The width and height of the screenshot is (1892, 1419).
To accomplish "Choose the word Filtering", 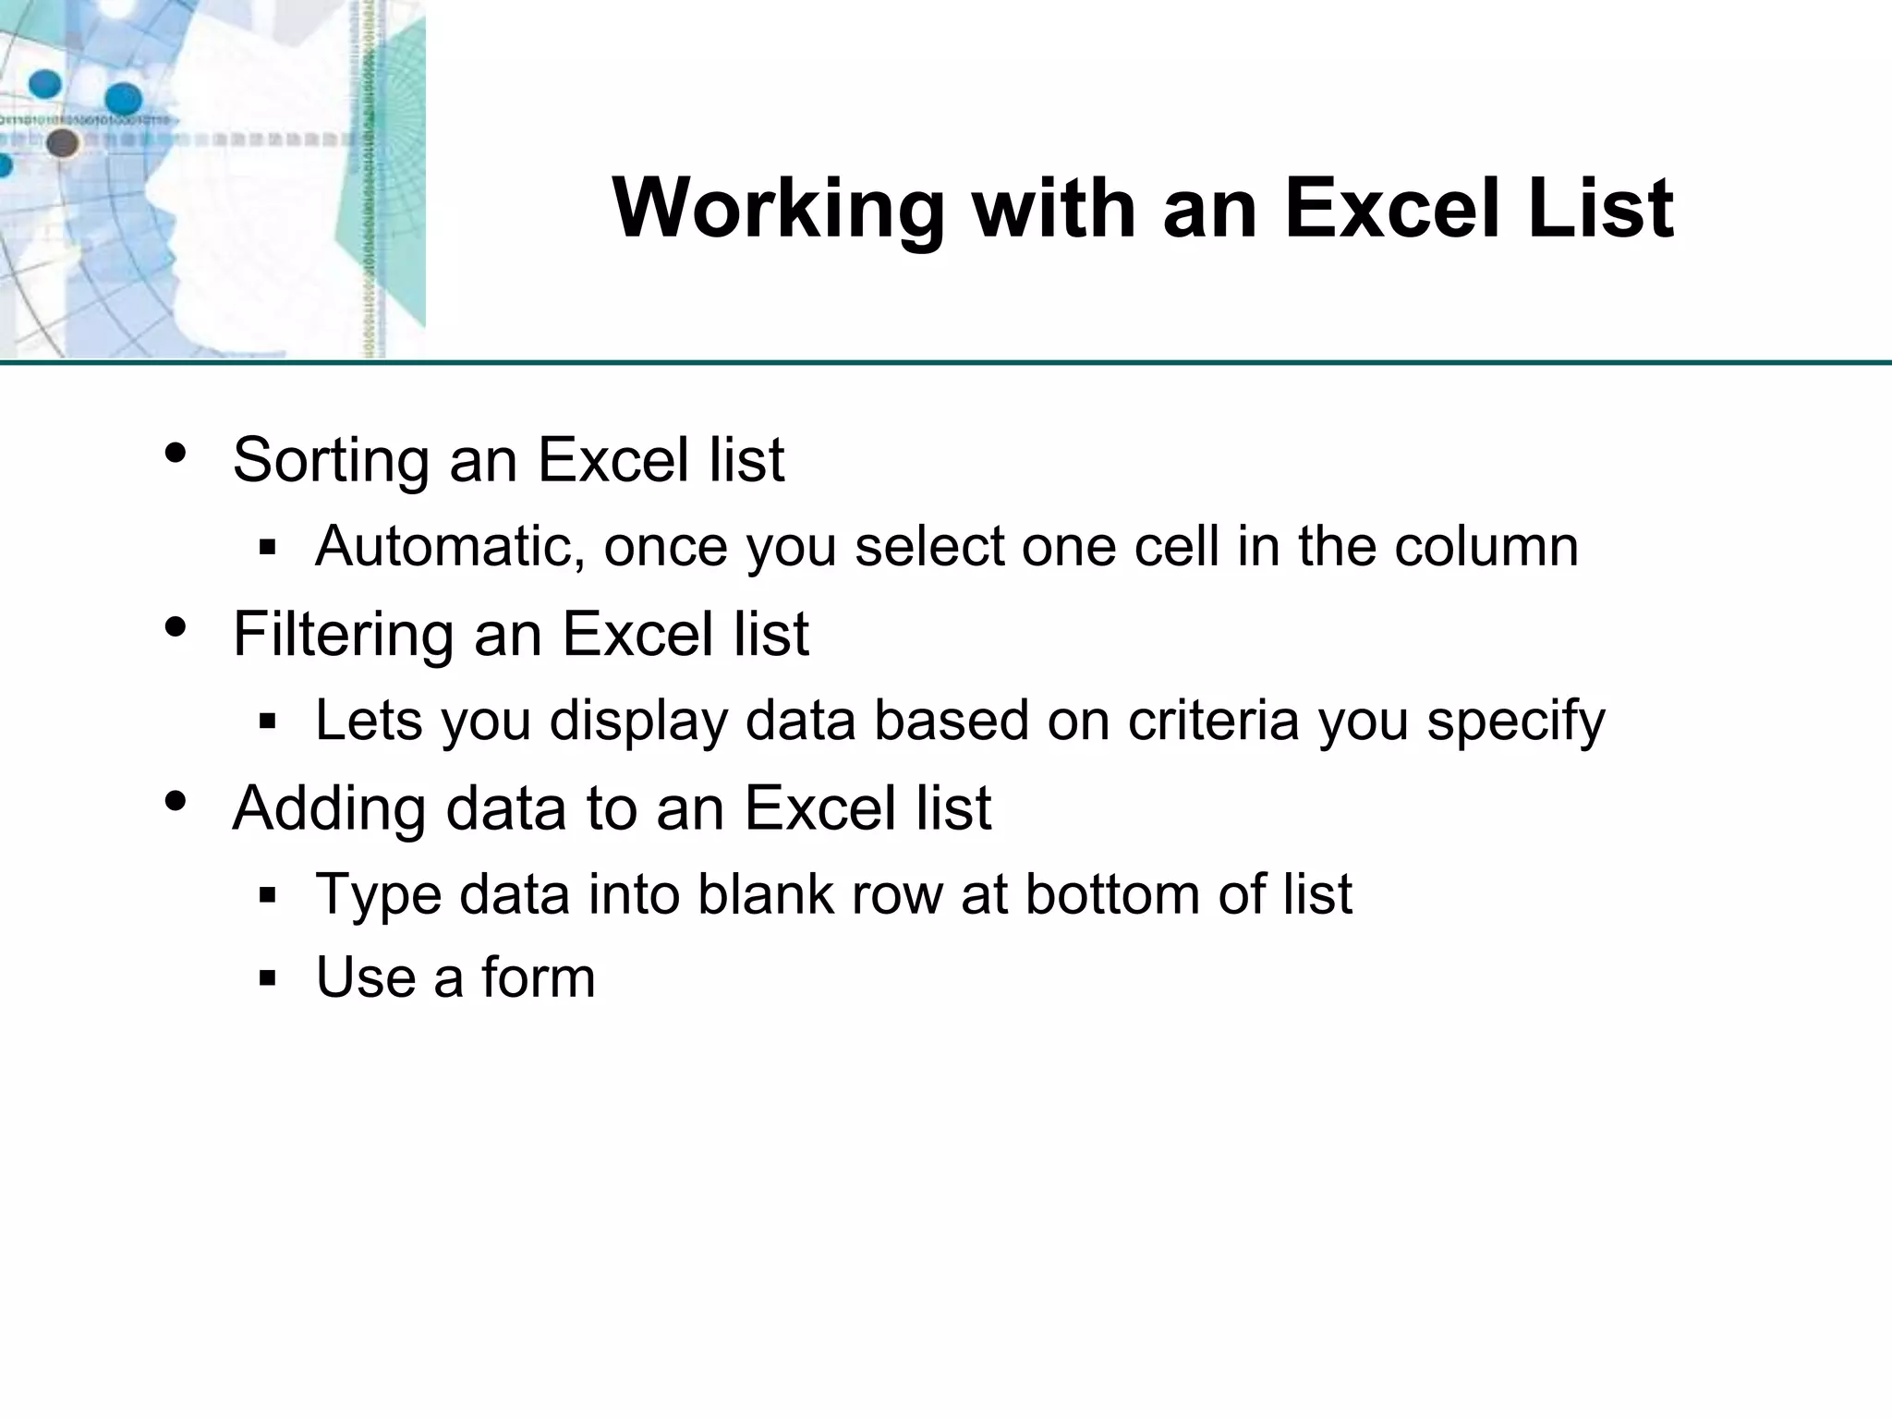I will (x=343, y=637).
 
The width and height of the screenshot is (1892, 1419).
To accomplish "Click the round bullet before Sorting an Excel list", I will (x=176, y=454).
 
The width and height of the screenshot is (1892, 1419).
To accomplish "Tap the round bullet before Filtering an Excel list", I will (x=176, y=628).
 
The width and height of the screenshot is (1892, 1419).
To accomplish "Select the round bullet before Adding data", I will (x=176, y=802).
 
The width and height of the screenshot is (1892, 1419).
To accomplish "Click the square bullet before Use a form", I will (x=268, y=978).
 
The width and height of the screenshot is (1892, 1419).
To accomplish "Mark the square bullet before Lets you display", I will (x=268, y=722).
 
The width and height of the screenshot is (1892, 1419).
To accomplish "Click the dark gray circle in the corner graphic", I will (x=62, y=143).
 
